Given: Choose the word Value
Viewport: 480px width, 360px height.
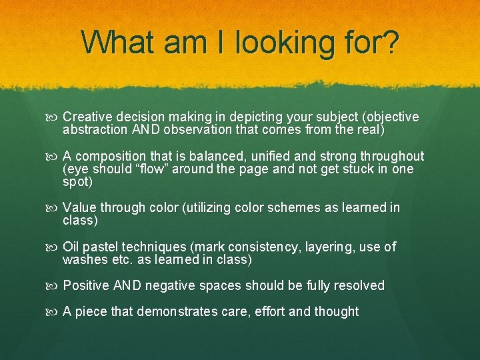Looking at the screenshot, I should coord(80,208).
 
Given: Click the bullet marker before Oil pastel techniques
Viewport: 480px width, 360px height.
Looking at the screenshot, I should coord(54,247).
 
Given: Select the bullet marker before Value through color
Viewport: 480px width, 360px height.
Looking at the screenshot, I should coord(54,209).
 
